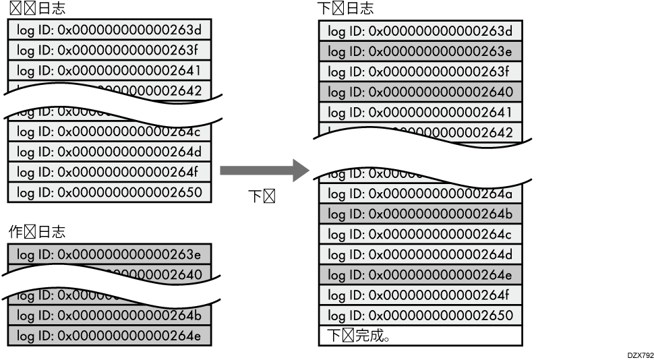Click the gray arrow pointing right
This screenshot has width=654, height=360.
point(260,171)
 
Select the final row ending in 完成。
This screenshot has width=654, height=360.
point(421,336)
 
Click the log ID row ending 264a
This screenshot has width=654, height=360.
point(421,194)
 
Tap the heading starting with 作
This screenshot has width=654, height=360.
point(37,232)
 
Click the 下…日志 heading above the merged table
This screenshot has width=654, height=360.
point(345,8)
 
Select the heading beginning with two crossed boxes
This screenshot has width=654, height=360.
point(37,8)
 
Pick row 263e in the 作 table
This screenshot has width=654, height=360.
point(109,254)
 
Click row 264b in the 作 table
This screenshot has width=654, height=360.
point(109,316)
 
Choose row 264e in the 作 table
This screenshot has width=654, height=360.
point(109,336)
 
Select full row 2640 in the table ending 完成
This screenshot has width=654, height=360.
point(421,92)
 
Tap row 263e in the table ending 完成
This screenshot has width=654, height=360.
point(421,51)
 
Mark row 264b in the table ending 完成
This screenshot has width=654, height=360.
point(421,214)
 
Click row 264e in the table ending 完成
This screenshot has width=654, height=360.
point(421,275)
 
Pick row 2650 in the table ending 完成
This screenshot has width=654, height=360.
point(421,316)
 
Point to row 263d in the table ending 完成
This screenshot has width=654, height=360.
point(421,31)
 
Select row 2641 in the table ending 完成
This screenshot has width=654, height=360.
point(421,112)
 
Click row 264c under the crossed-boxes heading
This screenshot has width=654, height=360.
point(109,131)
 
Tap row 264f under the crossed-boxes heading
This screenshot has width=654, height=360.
point(109,172)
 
